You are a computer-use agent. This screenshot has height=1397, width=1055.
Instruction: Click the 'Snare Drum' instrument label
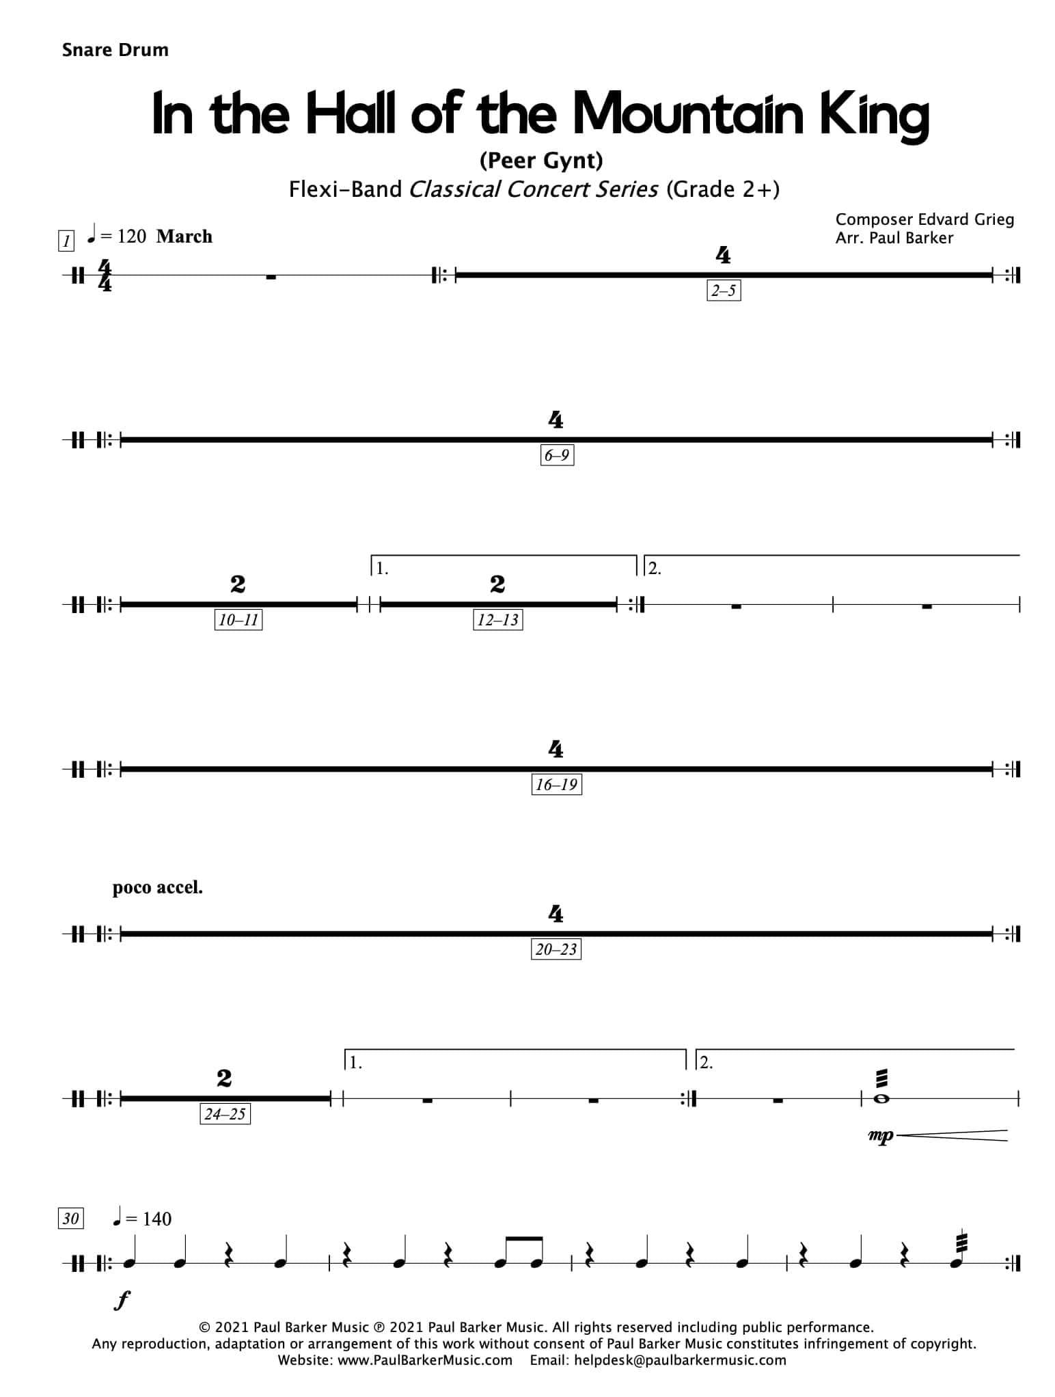click(x=115, y=50)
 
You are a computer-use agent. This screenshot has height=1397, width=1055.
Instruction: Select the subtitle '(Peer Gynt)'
click(x=540, y=161)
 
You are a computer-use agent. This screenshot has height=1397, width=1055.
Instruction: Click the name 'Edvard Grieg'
click(x=966, y=219)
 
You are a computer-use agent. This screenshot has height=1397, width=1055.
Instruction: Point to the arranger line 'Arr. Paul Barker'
click(x=894, y=238)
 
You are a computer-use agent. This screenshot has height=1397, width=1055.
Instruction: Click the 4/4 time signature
click(x=105, y=275)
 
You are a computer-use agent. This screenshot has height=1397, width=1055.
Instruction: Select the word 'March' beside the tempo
click(x=184, y=236)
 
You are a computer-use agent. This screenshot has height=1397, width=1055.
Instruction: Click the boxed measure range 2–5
click(x=724, y=290)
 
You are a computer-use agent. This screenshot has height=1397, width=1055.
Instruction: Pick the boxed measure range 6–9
click(x=556, y=455)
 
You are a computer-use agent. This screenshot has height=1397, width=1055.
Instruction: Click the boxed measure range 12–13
click(x=497, y=620)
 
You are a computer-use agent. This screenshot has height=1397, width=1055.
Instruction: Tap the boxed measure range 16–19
click(x=556, y=785)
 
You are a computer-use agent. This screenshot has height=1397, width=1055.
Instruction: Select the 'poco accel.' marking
click(x=157, y=888)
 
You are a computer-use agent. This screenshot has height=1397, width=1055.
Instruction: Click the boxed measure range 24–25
click(x=225, y=1114)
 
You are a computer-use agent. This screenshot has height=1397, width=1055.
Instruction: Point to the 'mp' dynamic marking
click(x=880, y=1136)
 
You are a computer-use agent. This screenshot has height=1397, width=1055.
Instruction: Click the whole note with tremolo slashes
click(x=881, y=1098)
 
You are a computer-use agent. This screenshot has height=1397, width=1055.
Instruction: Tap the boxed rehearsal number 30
click(x=71, y=1219)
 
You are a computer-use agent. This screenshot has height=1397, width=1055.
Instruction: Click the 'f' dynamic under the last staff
click(x=121, y=1301)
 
